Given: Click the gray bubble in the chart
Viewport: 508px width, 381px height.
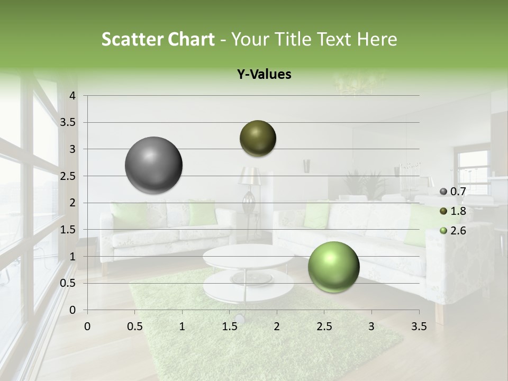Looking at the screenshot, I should [154, 165].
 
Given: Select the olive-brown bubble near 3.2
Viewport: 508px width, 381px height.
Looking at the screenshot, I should [258, 138].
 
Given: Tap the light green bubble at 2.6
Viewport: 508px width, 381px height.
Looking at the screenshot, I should [333, 267].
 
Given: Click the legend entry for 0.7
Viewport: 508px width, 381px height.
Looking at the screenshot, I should [453, 192].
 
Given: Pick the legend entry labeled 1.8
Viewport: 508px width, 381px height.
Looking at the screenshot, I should [453, 211].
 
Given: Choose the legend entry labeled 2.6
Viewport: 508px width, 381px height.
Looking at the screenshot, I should [453, 231].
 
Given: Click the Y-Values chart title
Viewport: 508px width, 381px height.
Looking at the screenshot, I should [264, 75].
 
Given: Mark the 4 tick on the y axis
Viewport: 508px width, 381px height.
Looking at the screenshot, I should [72, 96].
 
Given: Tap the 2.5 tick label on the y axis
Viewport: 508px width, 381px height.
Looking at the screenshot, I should [68, 176].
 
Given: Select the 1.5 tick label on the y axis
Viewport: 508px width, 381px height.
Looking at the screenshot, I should [68, 230].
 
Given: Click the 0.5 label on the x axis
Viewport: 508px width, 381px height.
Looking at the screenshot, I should [134, 326].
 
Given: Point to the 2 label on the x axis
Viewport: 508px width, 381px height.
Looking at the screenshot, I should [277, 326].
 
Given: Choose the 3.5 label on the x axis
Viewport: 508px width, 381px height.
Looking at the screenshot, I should [419, 326].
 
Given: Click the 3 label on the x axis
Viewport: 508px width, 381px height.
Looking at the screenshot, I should [371, 326].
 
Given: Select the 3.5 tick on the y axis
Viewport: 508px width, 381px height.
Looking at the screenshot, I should [68, 123].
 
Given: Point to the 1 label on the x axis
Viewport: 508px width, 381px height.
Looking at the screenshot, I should [182, 326].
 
